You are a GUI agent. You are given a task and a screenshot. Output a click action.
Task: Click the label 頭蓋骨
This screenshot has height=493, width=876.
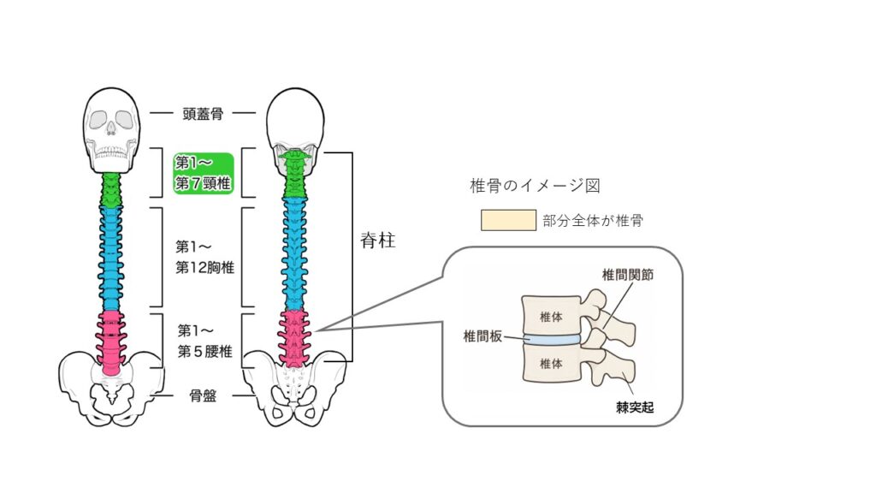203,114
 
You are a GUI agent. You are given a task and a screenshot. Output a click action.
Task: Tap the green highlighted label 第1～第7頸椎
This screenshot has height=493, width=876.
204,173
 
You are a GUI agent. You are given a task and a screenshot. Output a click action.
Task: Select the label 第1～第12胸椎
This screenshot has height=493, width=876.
204,257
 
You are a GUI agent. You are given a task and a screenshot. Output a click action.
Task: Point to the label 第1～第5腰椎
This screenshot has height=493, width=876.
204,341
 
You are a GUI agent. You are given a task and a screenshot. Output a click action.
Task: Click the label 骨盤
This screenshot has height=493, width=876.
203,396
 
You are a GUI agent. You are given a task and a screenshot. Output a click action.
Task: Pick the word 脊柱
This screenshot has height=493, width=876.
378,241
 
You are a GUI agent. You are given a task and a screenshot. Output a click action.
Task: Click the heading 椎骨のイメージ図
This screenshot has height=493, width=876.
535,186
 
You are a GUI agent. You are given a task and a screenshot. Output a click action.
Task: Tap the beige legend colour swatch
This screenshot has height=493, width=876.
508,220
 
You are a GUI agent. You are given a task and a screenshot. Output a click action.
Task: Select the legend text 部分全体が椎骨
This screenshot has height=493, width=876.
593,220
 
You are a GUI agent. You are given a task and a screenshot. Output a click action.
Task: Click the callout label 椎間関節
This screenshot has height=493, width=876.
627,275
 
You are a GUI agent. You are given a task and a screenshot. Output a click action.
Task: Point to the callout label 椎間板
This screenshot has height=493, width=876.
482,336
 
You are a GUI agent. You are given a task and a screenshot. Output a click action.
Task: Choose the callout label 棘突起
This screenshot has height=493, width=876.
635,407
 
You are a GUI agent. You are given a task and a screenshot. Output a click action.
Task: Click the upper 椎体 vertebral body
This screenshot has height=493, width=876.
551,317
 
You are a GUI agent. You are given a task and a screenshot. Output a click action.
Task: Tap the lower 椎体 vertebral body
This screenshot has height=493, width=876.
551,364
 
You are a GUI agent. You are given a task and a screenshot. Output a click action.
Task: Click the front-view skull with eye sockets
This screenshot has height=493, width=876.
111,130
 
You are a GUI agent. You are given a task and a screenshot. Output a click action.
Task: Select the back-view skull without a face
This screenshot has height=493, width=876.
295,126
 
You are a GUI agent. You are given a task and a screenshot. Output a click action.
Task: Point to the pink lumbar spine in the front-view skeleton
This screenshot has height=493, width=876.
111,342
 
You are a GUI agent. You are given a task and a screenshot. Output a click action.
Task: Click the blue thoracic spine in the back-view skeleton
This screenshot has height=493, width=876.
294,254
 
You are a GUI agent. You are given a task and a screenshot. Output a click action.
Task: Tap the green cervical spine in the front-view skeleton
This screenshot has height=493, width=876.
111,190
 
